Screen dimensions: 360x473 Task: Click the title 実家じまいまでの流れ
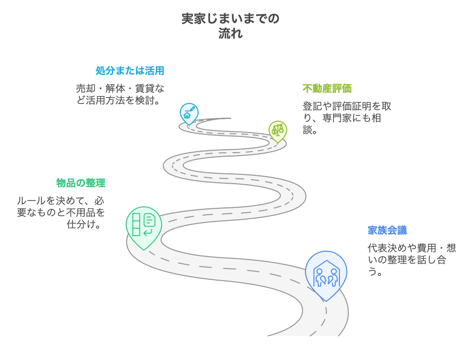[x=230, y=26]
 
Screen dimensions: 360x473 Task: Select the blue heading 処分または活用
[x=130, y=70]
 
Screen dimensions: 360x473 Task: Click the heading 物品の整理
[x=81, y=183]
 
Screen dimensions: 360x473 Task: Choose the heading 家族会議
[x=387, y=230]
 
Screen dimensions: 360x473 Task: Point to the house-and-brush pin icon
[x=189, y=113]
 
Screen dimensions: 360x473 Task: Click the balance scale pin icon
[x=278, y=131]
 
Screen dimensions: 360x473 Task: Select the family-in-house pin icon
[x=326, y=274]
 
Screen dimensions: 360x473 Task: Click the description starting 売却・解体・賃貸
[x=120, y=95]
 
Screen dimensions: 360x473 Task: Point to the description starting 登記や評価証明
[x=347, y=118]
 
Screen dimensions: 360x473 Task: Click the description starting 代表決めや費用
[x=412, y=260]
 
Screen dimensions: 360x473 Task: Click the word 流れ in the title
[x=230, y=34]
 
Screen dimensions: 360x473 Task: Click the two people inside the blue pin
[x=326, y=278]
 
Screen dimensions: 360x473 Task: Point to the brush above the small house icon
[x=192, y=109]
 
